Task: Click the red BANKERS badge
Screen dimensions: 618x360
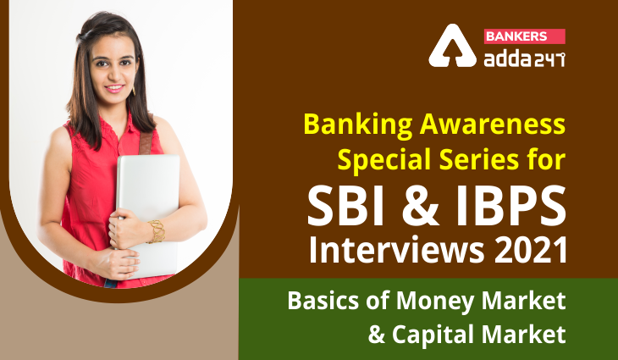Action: pyautogui.click(x=525, y=36)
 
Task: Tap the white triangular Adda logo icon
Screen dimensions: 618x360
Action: pyautogui.click(x=452, y=46)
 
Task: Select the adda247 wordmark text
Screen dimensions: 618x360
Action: pyautogui.click(x=525, y=58)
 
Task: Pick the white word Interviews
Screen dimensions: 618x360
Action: pyautogui.click(x=396, y=250)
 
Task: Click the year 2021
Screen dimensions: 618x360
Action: pyautogui.click(x=530, y=250)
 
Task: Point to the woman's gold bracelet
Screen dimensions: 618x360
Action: pyautogui.click(x=156, y=231)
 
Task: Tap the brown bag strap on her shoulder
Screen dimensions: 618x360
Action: pyautogui.click(x=146, y=142)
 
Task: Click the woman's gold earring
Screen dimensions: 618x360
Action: pyautogui.click(x=134, y=90)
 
